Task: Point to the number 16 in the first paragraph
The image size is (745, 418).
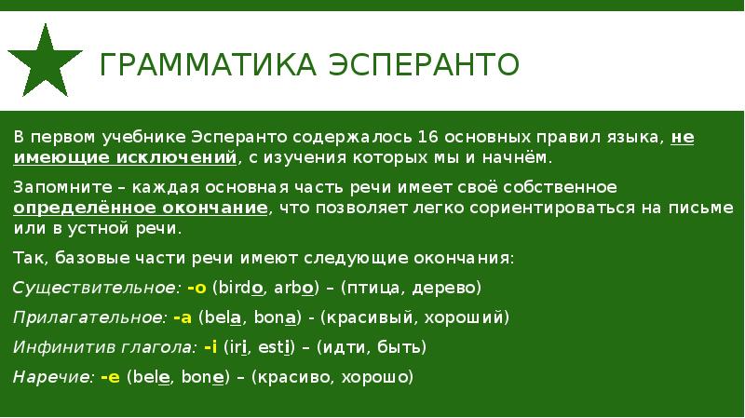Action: tap(428, 136)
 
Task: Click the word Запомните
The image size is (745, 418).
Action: tap(51, 187)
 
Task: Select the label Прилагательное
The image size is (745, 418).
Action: tap(88, 317)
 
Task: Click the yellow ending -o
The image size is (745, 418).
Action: tap(196, 287)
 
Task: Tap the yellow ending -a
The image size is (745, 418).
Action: tap(182, 317)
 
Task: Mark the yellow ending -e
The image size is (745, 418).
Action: tap(111, 379)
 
